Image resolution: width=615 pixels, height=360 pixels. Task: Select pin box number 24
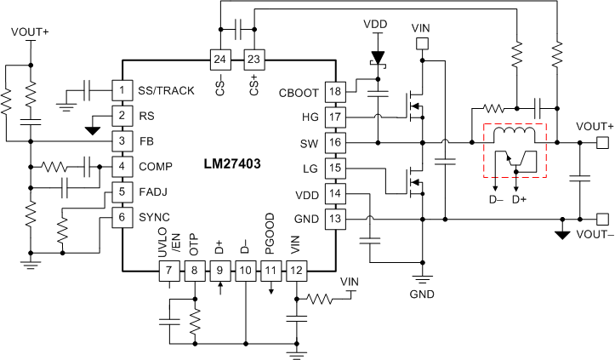pos(220,59)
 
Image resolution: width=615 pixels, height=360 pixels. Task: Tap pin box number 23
pos(254,59)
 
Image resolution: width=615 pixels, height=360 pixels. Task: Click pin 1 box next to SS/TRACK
pos(122,90)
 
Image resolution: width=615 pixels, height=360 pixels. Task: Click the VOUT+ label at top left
pos(31,32)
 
